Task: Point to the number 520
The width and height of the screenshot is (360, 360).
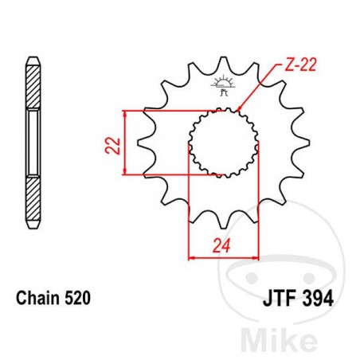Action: (x=78, y=299)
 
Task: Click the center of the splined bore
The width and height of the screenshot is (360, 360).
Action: (x=224, y=143)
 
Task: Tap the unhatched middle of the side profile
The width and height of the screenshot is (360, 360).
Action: (x=33, y=143)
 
